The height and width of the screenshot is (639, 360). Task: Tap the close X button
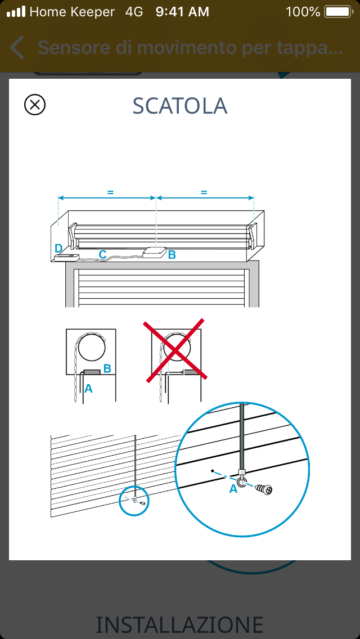coord(35,105)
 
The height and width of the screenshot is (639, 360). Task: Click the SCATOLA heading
coord(180,106)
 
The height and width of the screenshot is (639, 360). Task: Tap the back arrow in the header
coord(17,47)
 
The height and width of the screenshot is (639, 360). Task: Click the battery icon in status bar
coord(338,12)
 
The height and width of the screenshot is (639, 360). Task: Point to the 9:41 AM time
coord(182,12)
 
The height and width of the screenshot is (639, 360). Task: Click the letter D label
coord(58,248)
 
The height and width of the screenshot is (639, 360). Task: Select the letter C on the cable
coord(103,254)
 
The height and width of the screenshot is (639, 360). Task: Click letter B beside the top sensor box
coord(172,255)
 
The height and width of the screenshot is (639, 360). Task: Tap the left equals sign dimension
coord(110,192)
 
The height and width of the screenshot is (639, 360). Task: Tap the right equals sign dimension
coord(204,192)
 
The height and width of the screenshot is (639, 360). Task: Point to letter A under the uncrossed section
coord(88,389)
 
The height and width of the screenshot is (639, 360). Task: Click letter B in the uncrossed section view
coord(107,368)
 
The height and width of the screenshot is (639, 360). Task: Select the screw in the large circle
coord(264,489)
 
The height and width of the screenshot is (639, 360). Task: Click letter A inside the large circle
coord(233,489)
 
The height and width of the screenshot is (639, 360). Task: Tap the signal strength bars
coord(16,11)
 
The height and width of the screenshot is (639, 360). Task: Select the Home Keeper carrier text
coord(72,12)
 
